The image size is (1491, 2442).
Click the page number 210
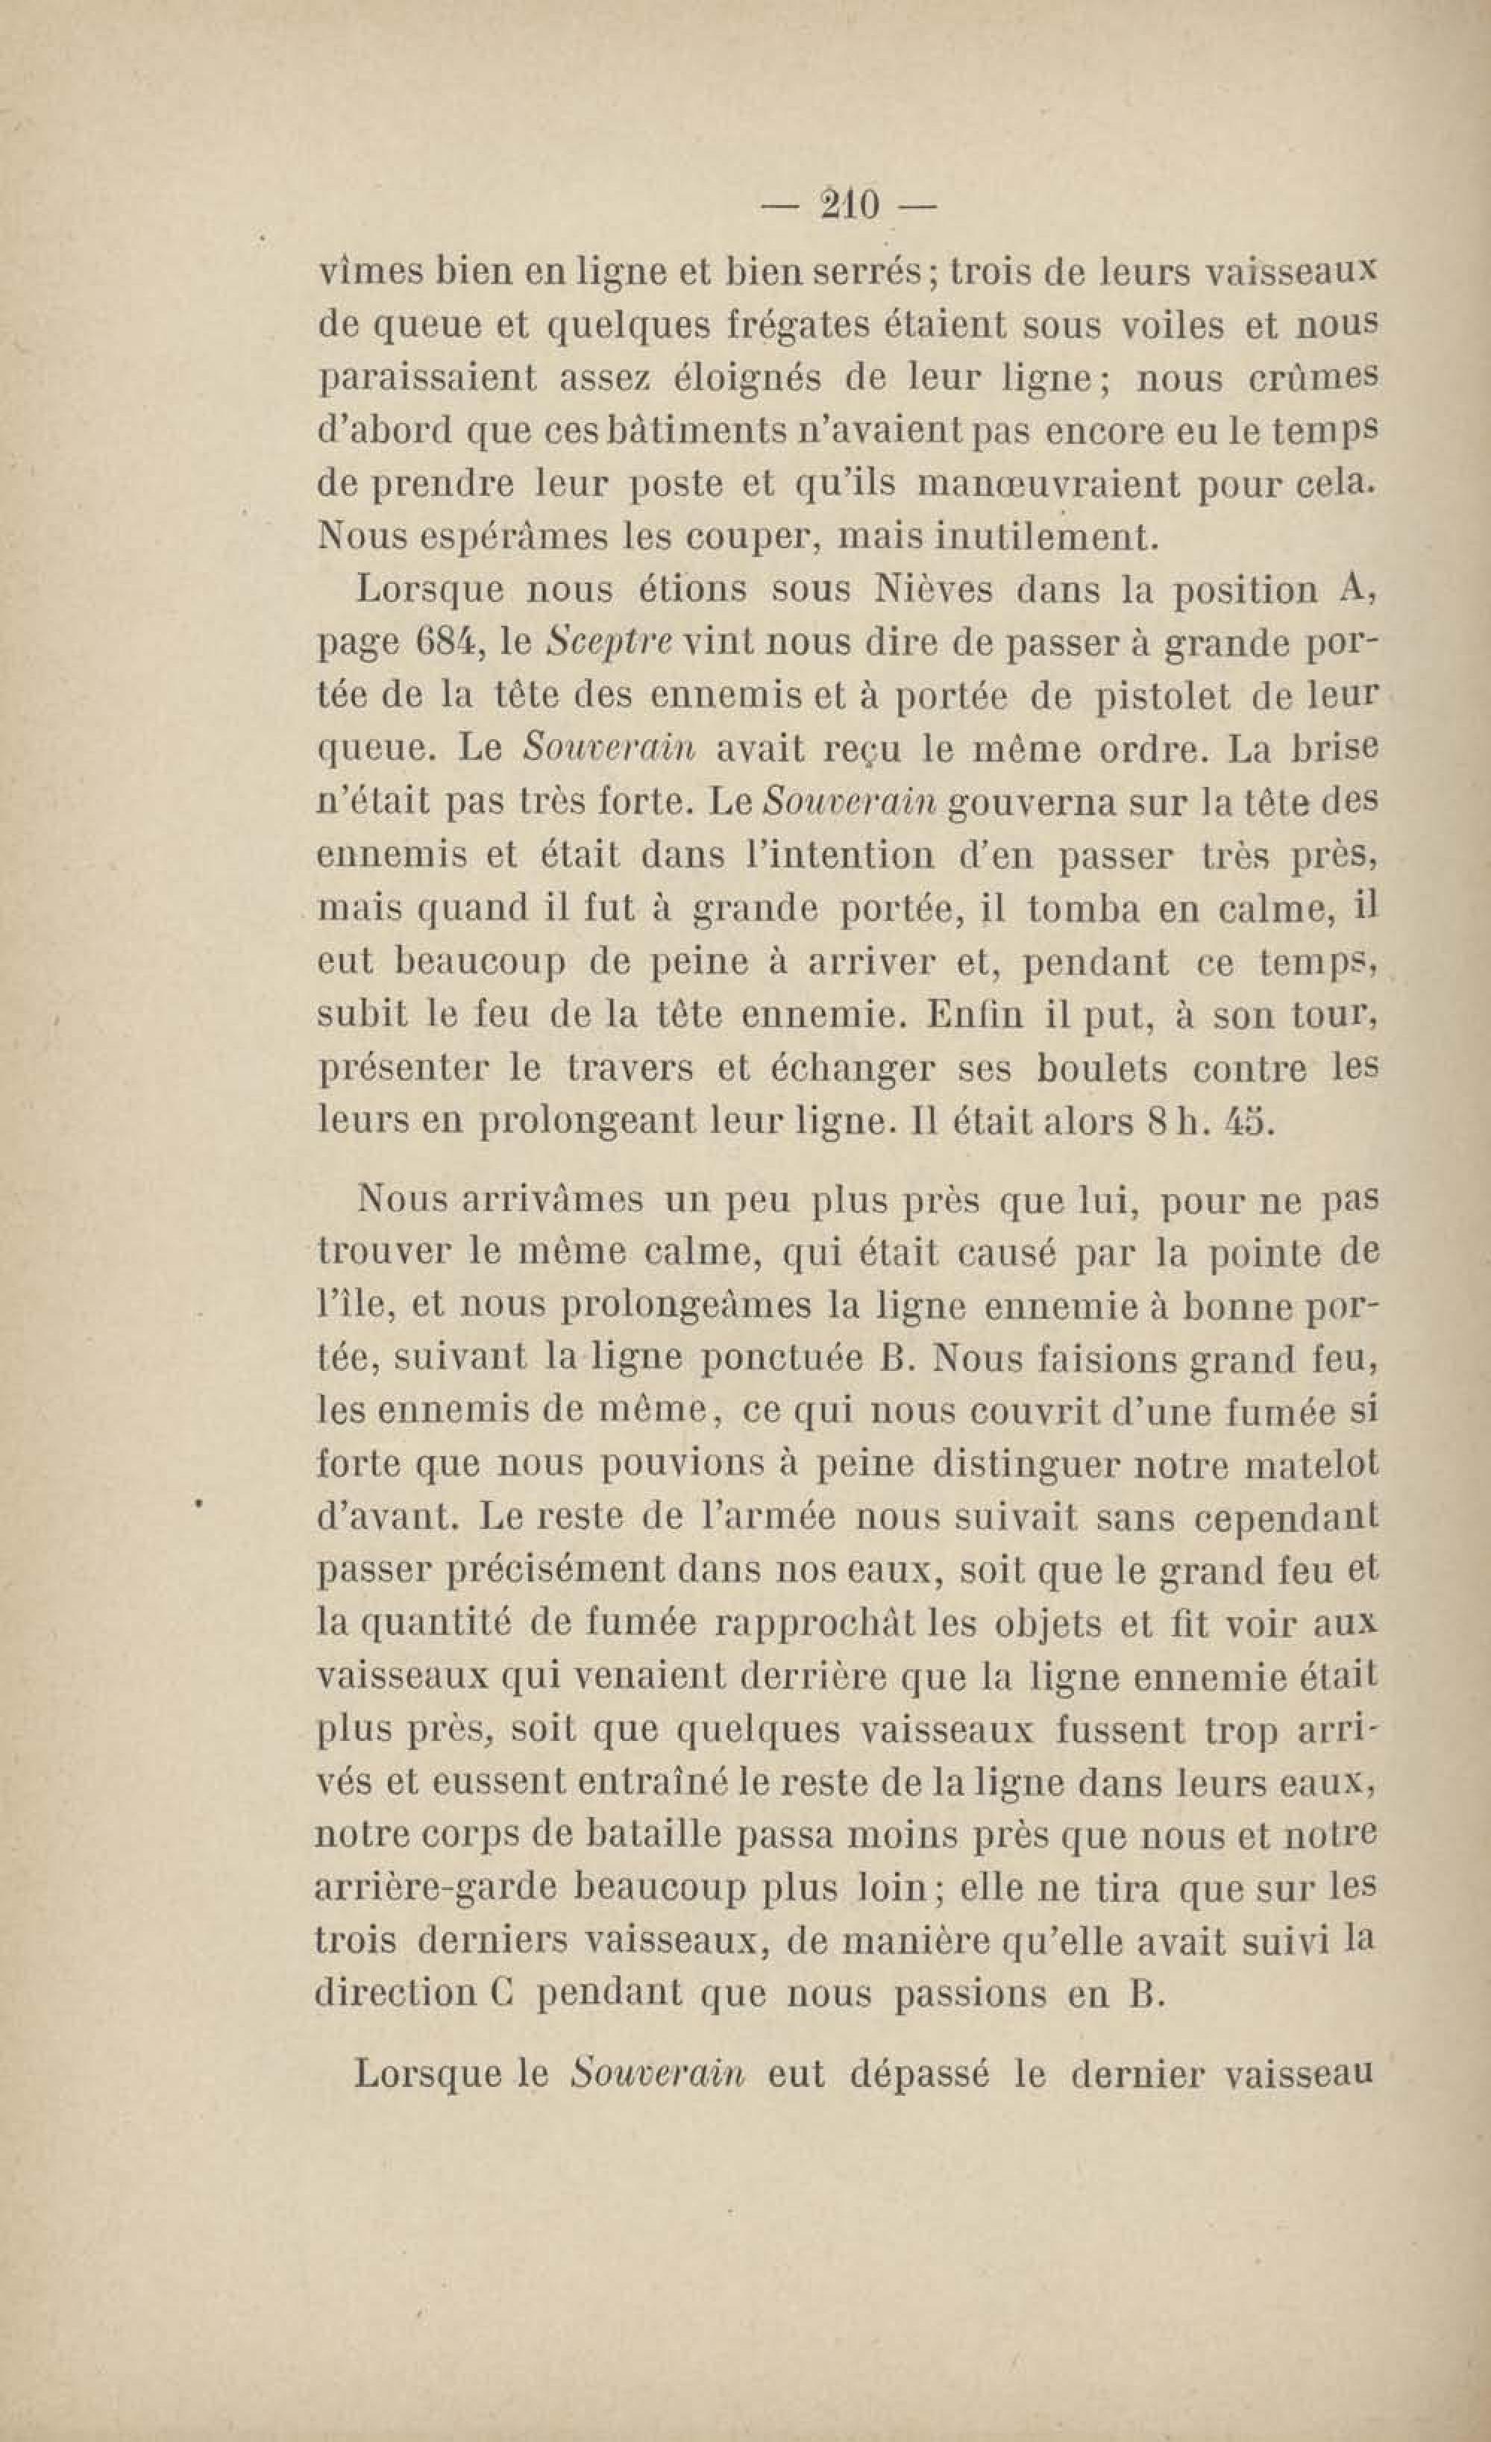849,205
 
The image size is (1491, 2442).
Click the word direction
394,1994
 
